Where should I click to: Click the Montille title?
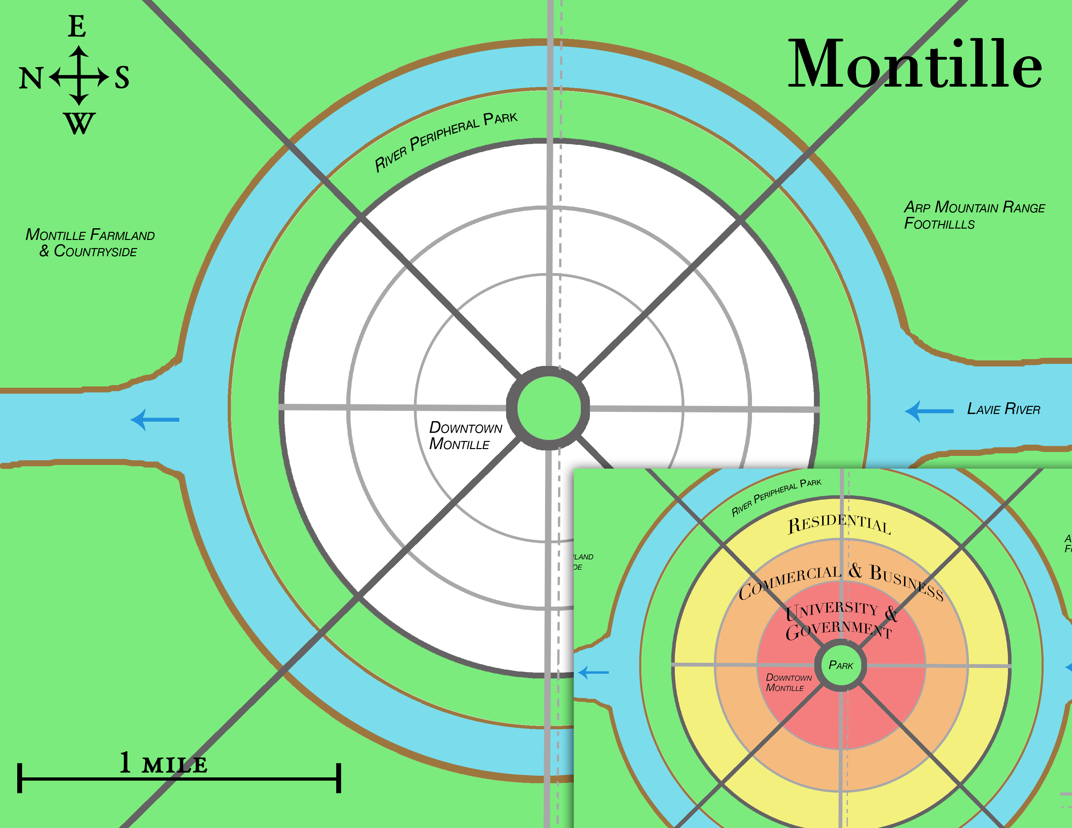click(x=914, y=64)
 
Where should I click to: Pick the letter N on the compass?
click(x=31, y=78)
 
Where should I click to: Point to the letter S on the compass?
click(x=122, y=78)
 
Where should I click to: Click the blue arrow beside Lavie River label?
click(x=928, y=411)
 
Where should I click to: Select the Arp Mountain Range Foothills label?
click(x=974, y=215)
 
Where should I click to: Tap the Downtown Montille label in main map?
click(x=465, y=435)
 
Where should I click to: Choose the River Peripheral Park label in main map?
click(x=446, y=141)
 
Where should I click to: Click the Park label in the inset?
click(x=841, y=665)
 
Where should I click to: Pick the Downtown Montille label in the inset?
click(x=788, y=682)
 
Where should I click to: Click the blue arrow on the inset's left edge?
click(x=593, y=672)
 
